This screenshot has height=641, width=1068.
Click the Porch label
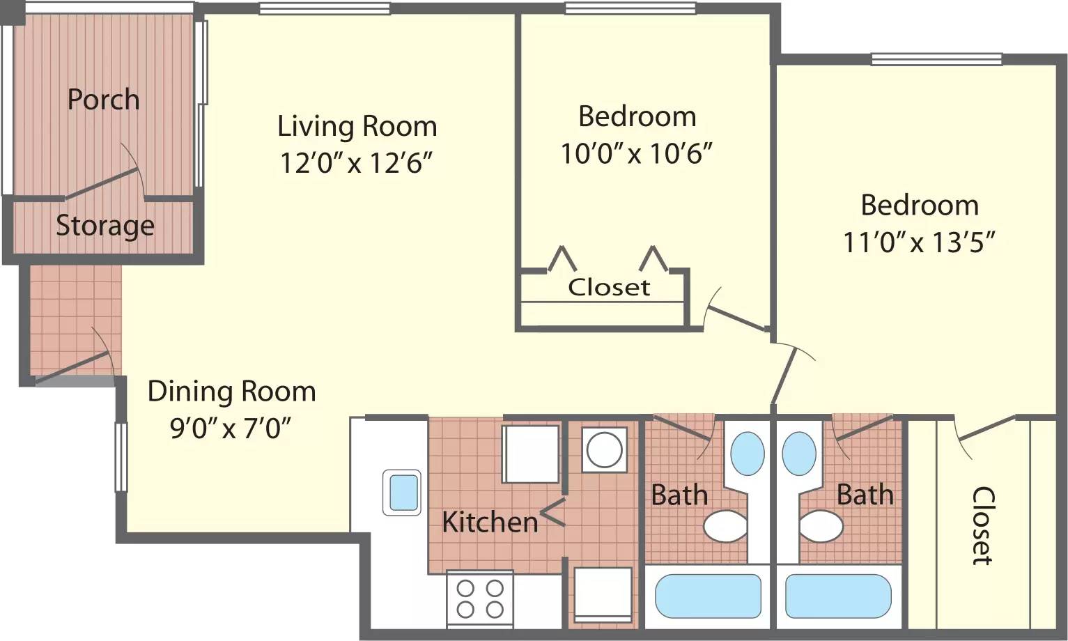tap(103, 100)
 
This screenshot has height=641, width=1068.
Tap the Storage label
tap(105, 226)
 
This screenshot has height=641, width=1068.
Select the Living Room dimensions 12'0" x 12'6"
tap(357, 163)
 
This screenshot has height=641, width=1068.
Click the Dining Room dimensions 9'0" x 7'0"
tap(231, 428)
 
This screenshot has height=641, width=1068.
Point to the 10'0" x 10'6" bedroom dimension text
tap(637, 153)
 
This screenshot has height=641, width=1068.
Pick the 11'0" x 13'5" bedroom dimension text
tap(919, 242)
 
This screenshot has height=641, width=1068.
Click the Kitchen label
tap(490, 522)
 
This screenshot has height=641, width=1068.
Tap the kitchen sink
tap(402, 492)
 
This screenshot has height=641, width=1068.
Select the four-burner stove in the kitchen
tap(479, 598)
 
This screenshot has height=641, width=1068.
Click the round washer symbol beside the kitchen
tap(604, 449)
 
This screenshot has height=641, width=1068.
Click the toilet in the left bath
tap(725, 526)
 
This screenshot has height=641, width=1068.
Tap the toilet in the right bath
tap(821, 526)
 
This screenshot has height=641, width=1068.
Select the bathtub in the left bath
tap(708, 596)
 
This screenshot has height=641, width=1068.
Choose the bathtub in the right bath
tap(838, 596)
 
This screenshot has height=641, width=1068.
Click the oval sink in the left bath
tap(747, 454)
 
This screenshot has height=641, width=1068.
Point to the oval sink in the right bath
tap(799, 454)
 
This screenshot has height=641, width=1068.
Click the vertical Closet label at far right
tap(982, 525)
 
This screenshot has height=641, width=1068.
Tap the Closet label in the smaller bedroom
tap(609, 287)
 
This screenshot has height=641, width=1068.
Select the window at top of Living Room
tap(324, 9)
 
